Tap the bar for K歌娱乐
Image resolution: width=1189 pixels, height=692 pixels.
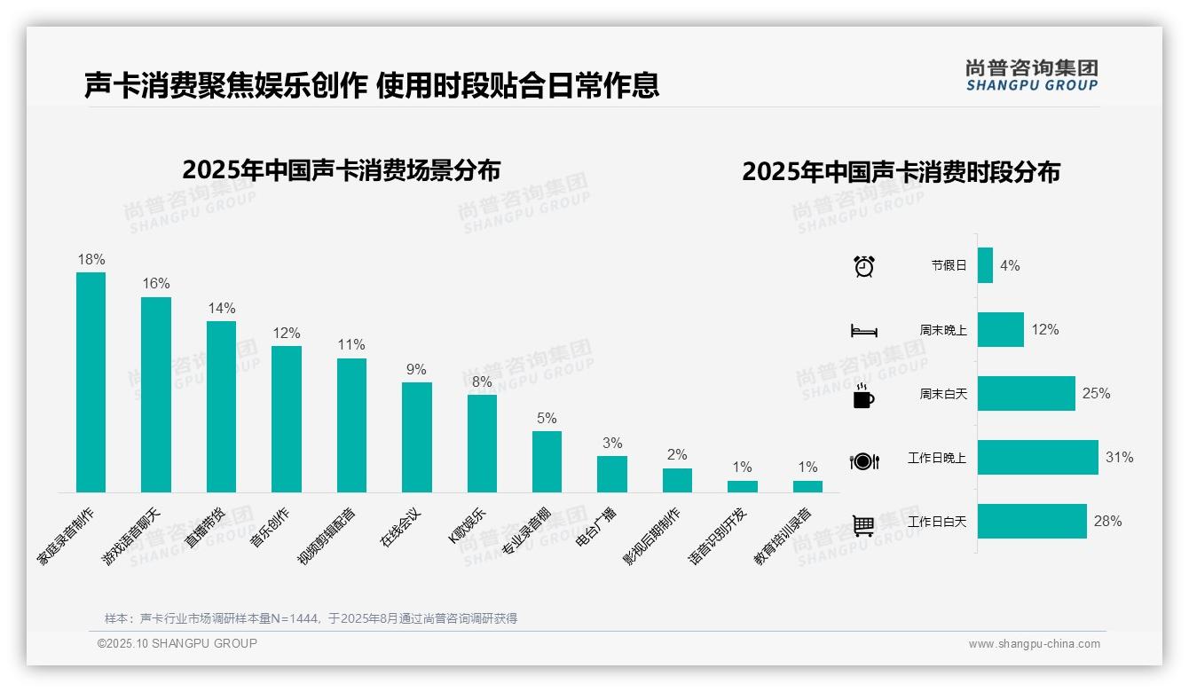point(482,443)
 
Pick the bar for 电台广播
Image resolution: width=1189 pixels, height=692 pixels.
point(612,474)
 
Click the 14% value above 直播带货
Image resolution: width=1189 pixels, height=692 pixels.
point(222,309)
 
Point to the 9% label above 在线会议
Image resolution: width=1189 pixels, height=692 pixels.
point(416,370)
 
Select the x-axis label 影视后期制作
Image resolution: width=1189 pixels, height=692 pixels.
point(652,537)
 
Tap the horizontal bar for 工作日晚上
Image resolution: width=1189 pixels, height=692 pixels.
point(1037,458)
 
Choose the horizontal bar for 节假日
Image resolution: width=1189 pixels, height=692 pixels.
point(985,265)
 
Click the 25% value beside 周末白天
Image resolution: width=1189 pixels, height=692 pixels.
point(1096,394)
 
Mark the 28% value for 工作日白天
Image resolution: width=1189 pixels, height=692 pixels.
point(1107,522)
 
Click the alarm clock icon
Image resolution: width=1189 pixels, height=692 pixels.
point(864,266)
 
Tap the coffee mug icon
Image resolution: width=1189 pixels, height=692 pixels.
point(863,396)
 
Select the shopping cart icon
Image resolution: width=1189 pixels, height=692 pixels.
point(863,525)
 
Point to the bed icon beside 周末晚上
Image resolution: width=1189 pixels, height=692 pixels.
point(863,331)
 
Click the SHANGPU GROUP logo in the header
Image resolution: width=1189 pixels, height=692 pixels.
point(1031,75)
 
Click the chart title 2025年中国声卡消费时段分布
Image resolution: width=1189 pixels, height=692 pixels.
point(901,172)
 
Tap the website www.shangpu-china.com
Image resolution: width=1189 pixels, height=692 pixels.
point(1034,644)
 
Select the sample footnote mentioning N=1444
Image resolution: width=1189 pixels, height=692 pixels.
point(311,618)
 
